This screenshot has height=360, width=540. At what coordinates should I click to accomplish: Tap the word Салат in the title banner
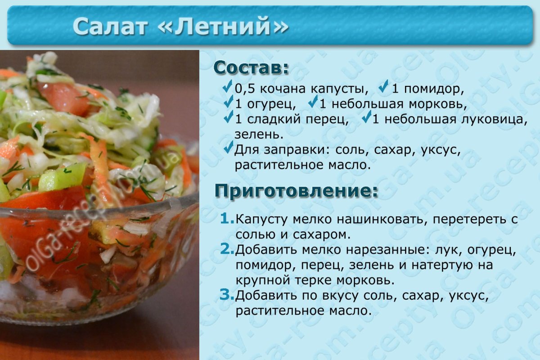coord(110,26)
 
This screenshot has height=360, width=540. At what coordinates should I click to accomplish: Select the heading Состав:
coord(251,68)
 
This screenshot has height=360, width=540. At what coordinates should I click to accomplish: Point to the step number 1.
coord(227,218)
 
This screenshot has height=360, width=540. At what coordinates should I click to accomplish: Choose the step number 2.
coord(227,249)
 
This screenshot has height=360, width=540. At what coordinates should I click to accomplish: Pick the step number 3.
coord(227,295)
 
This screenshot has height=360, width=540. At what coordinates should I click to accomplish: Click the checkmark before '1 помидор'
coord(383,86)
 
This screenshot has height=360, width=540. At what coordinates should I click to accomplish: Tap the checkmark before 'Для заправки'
coord(228,147)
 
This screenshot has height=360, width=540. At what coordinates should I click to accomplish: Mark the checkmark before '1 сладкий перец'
coord(228,117)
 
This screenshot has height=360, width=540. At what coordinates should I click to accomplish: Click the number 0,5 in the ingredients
coord(245,89)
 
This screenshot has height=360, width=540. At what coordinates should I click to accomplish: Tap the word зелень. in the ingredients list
coord(259,135)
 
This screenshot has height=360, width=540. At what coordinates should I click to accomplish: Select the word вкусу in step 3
coord(337,296)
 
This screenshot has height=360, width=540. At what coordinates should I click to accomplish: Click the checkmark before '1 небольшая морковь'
coord(313,102)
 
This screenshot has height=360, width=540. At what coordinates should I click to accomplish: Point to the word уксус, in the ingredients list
coord(441,150)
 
